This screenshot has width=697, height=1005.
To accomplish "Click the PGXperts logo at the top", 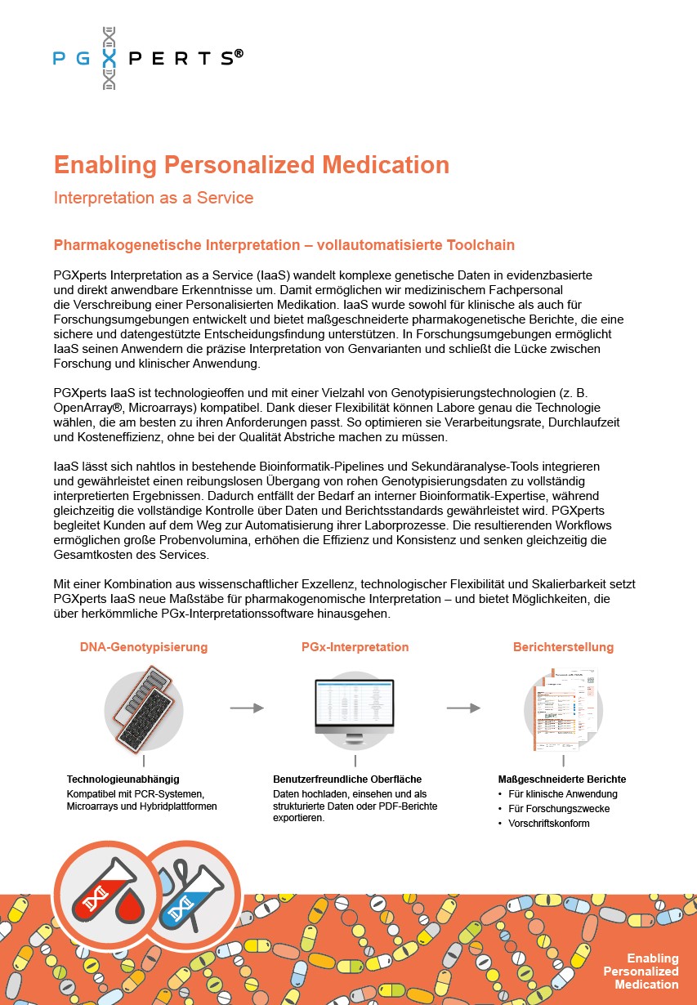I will [x=148, y=57].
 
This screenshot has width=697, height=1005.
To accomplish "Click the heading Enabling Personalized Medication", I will [x=251, y=165].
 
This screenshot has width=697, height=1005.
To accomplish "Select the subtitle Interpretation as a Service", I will [x=153, y=198].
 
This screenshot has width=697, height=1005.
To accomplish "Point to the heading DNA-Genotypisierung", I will [x=144, y=647].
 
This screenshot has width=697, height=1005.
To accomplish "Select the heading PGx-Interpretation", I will [x=355, y=647].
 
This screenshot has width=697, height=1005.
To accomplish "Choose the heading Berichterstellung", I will [x=563, y=647].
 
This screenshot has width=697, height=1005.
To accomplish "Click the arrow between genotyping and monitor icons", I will [x=247, y=708].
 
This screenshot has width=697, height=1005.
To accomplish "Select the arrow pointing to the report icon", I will [x=462, y=708].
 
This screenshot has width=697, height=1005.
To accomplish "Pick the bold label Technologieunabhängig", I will [x=123, y=779].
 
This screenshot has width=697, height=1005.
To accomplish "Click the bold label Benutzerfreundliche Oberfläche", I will [x=347, y=779].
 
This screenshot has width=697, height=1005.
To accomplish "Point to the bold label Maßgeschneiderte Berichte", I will [x=562, y=779].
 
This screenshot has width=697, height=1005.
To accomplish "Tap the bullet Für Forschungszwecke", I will [x=559, y=809].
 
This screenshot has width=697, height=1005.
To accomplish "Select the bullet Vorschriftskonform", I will [x=548, y=824].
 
